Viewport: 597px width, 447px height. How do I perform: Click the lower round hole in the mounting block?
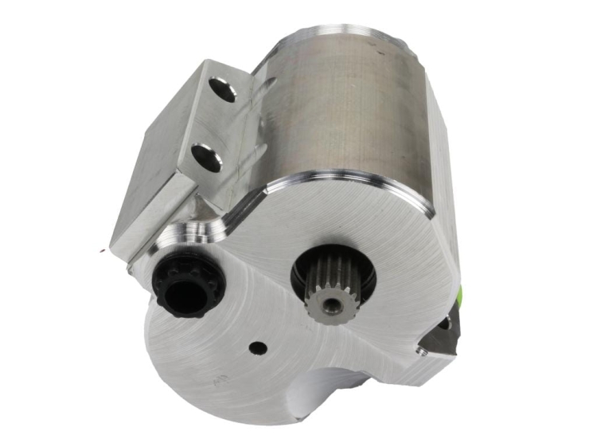click(x=207, y=156)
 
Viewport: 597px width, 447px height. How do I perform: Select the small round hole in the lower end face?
click(x=256, y=347)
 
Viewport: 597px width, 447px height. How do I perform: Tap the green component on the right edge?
click(x=459, y=296)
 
